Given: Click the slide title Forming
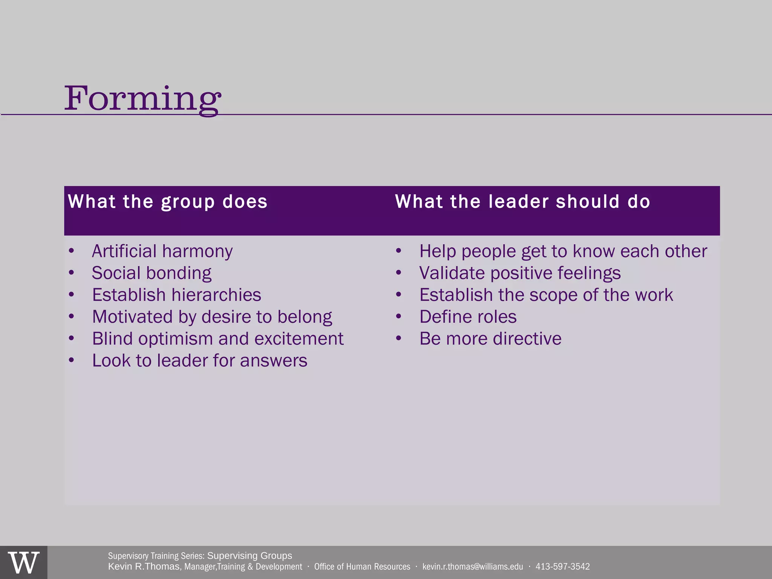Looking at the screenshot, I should tap(142, 99).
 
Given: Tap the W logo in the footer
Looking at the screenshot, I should tap(23, 563).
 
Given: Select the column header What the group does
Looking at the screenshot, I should tap(168, 201).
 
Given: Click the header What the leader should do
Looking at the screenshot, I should tap(522, 201).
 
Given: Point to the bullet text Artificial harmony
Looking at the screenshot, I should tap(162, 251).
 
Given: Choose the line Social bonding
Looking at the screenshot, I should tap(152, 273).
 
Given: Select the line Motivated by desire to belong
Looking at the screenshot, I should tap(212, 317).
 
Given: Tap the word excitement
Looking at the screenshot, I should tap(299, 339).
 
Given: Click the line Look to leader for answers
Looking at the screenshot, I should tap(199, 360).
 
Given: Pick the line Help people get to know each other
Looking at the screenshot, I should tap(563, 251).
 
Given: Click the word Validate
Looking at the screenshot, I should tap(452, 273).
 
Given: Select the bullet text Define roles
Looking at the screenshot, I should tap(468, 317).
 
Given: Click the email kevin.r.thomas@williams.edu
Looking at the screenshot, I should tap(473, 567).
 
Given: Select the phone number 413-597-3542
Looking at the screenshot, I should tap(562, 567).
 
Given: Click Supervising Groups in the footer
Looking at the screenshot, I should tap(250, 556).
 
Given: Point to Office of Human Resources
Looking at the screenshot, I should tap(362, 567).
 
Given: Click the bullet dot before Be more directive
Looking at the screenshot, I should tap(399, 339).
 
